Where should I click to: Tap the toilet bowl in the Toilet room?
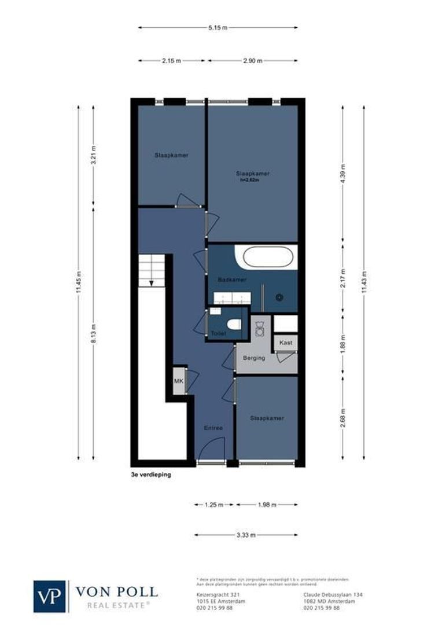point(234,325)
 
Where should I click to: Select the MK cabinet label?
point(178,381)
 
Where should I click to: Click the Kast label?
point(285,343)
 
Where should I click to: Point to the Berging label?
point(253,358)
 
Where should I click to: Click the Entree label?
point(213,428)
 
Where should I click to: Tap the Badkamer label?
point(232,280)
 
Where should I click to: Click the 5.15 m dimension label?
point(218,27)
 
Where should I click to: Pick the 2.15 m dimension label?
point(172,60)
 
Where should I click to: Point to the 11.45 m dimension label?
point(79,282)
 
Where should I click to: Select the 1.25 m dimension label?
point(214,505)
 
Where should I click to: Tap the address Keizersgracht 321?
point(211,594)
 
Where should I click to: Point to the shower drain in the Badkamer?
point(279,297)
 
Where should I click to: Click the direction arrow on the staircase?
point(151,282)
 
